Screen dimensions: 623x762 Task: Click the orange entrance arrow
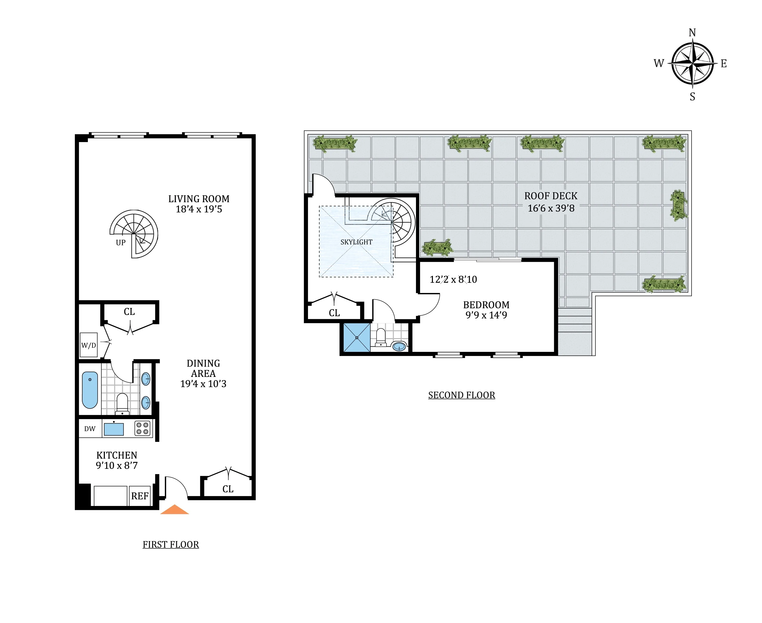174,510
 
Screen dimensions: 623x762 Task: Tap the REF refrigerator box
140,496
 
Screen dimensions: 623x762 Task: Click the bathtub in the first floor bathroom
90,390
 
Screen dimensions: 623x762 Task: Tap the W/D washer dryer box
88,345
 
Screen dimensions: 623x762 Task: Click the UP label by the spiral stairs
120,243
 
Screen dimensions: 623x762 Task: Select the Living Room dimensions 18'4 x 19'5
199,209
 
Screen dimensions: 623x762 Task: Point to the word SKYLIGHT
356,242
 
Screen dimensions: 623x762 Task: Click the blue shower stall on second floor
356,338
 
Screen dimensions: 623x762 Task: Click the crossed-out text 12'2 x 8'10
453,279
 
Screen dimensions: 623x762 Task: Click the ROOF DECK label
551,196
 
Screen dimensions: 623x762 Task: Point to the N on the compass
692,33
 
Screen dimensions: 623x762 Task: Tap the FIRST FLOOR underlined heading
171,544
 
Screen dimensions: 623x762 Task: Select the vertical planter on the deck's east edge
678,205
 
